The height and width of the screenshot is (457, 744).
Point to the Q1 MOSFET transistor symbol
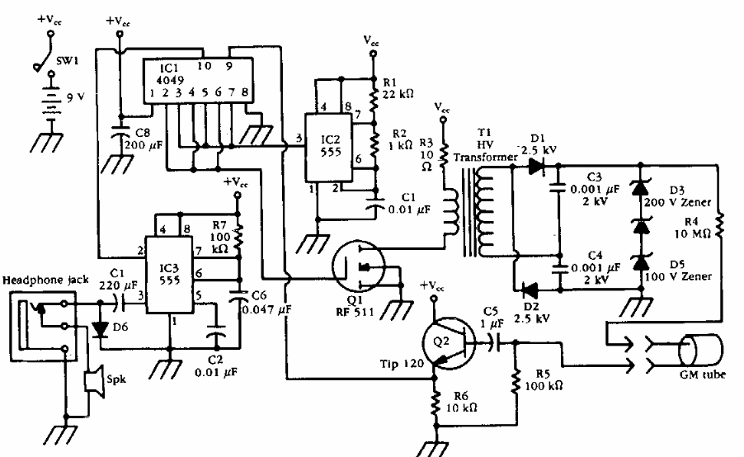[x=359, y=266]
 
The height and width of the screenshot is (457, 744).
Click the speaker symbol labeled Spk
[x=97, y=381]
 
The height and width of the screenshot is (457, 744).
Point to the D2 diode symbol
[x=529, y=290]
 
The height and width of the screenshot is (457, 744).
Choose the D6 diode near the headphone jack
[x=101, y=328]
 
